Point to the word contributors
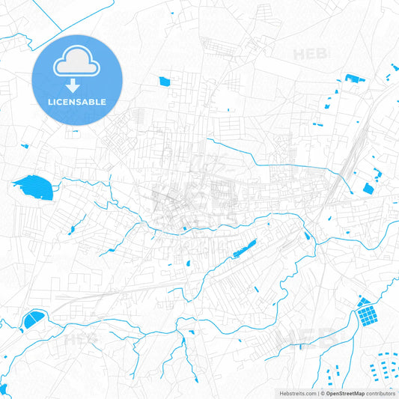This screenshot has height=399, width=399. coord(381,393)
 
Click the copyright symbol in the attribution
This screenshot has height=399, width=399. coord(322,393)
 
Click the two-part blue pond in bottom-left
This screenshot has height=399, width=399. coord(33,321)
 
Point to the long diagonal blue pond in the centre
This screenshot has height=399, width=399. coord(243,248)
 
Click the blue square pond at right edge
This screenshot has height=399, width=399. coord(368,188)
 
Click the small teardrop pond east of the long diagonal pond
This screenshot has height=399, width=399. coord(306,237)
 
